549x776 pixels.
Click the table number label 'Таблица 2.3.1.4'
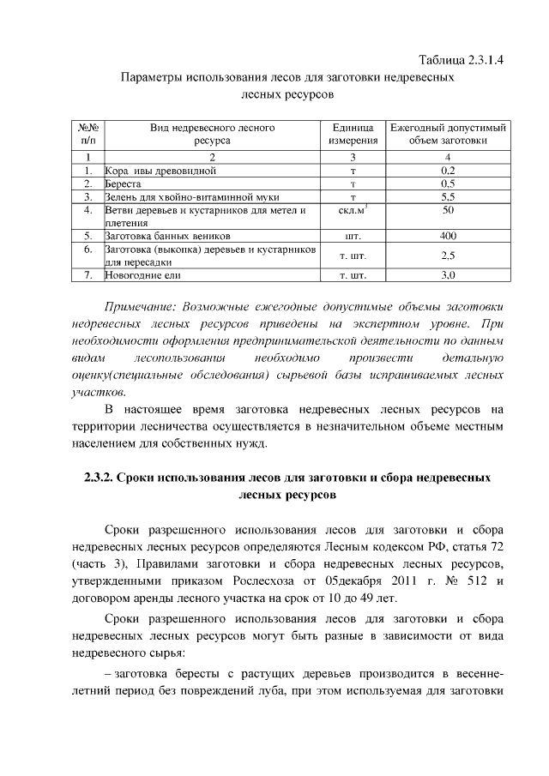(460, 60)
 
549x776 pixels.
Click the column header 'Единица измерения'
(352, 134)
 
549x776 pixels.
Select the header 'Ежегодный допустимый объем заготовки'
(447, 134)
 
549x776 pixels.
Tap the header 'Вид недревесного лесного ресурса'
(212, 134)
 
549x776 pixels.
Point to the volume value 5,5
(447, 196)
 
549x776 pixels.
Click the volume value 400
(447, 234)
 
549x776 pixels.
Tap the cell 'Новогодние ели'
(142, 276)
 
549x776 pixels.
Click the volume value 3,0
(447, 276)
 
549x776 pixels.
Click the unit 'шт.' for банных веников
(352, 234)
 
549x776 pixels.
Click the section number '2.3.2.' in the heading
(103, 478)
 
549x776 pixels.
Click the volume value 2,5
(447, 256)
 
